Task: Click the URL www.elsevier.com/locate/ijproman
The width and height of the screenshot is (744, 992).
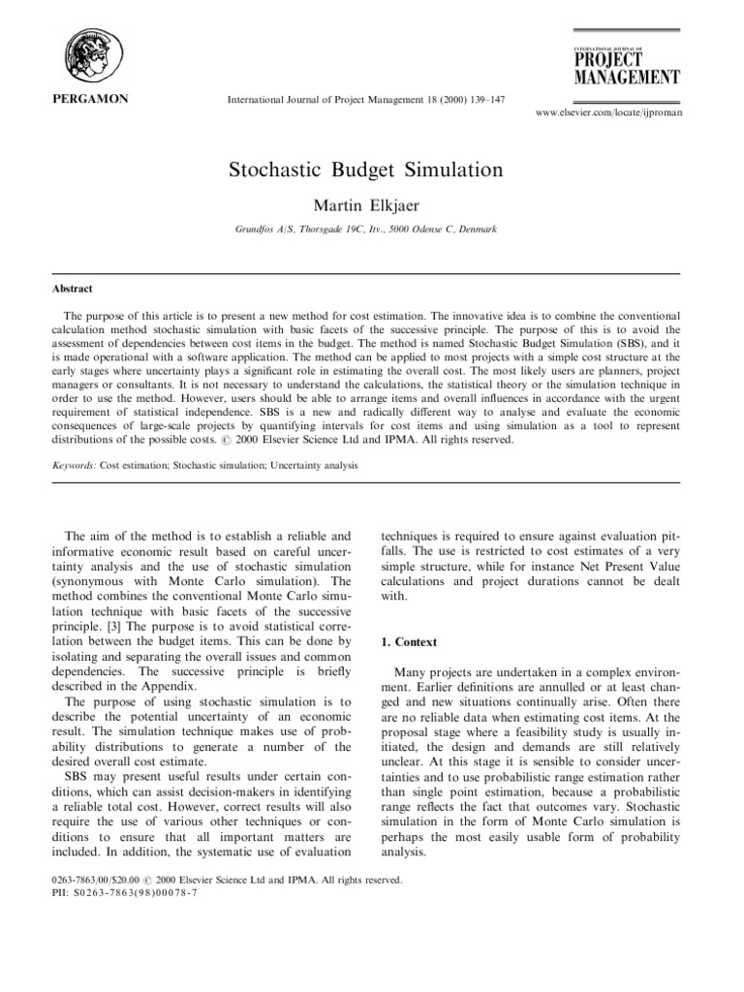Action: (x=607, y=114)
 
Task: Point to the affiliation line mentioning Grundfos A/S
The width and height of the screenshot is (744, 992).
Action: (x=366, y=230)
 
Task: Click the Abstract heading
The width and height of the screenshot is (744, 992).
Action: (x=73, y=288)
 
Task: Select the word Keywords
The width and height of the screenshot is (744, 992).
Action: (x=74, y=465)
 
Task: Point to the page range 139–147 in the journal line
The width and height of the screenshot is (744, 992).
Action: (x=482, y=99)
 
